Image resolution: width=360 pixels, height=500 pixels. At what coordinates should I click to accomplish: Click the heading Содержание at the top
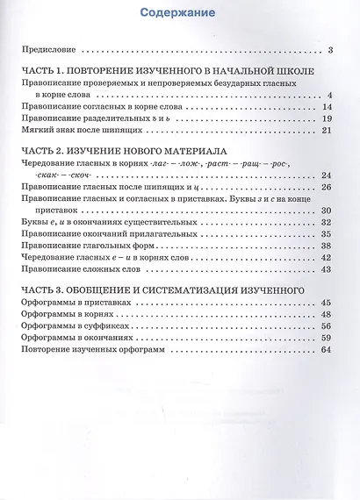pyautogui.click(x=180, y=12)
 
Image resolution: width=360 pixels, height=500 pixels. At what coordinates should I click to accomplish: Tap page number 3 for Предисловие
pyautogui.click(x=327, y=50)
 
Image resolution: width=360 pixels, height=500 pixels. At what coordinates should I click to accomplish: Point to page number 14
pyautogui.click(x=324, y=106)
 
